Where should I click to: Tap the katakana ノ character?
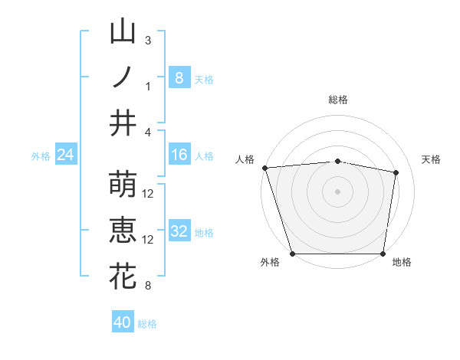[x=123, y=77]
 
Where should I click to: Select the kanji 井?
[x=123, y=122]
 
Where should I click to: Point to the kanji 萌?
[x=123, y=184]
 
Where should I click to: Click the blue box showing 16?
[x=179, y=155]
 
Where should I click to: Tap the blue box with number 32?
[x=179, y=232]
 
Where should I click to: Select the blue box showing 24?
[x=65, y=155]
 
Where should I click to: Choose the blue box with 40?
[x=123, y=322]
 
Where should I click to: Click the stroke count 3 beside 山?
[x=148, y=40]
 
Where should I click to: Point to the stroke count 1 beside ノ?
[x=148, y=86]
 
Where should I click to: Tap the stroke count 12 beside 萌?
[x=149, y=193]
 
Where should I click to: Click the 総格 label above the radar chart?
[x=338, y=100]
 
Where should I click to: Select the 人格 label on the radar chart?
[x=245, y=159]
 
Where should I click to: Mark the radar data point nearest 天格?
[x=396, y=173]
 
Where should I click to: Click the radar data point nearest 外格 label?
[x=293, y=254]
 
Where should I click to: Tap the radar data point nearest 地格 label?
[x=383, y=254]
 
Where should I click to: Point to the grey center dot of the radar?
[x=338, y=191]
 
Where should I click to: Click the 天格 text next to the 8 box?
[x=204, y=79]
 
